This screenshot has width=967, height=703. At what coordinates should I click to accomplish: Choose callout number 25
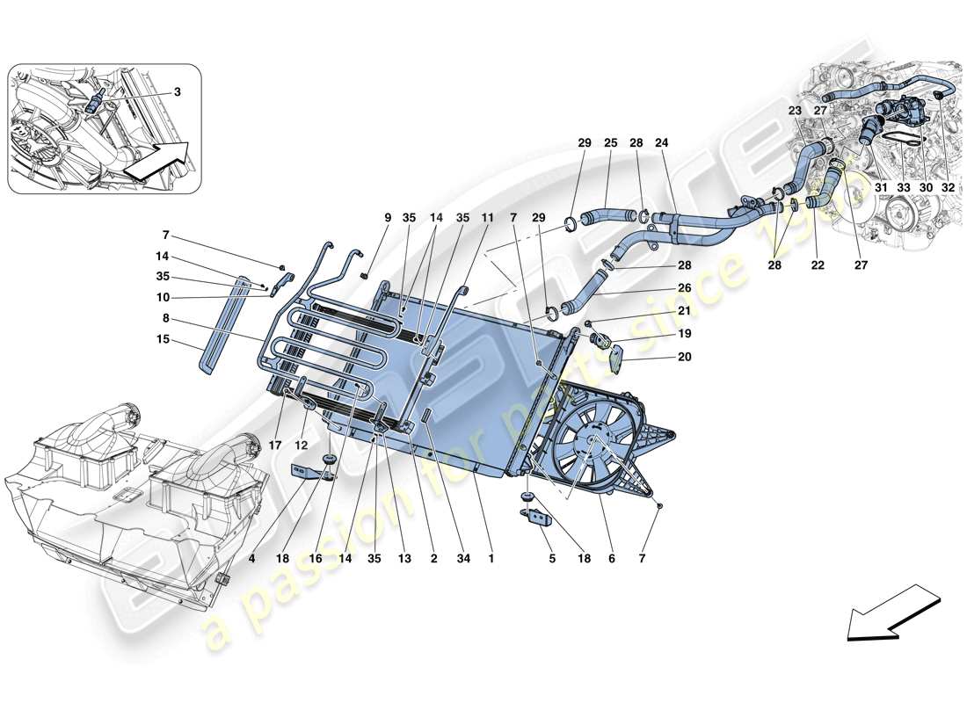tap(610, 143)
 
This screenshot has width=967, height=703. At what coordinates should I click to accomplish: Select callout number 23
tap(794, 112)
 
